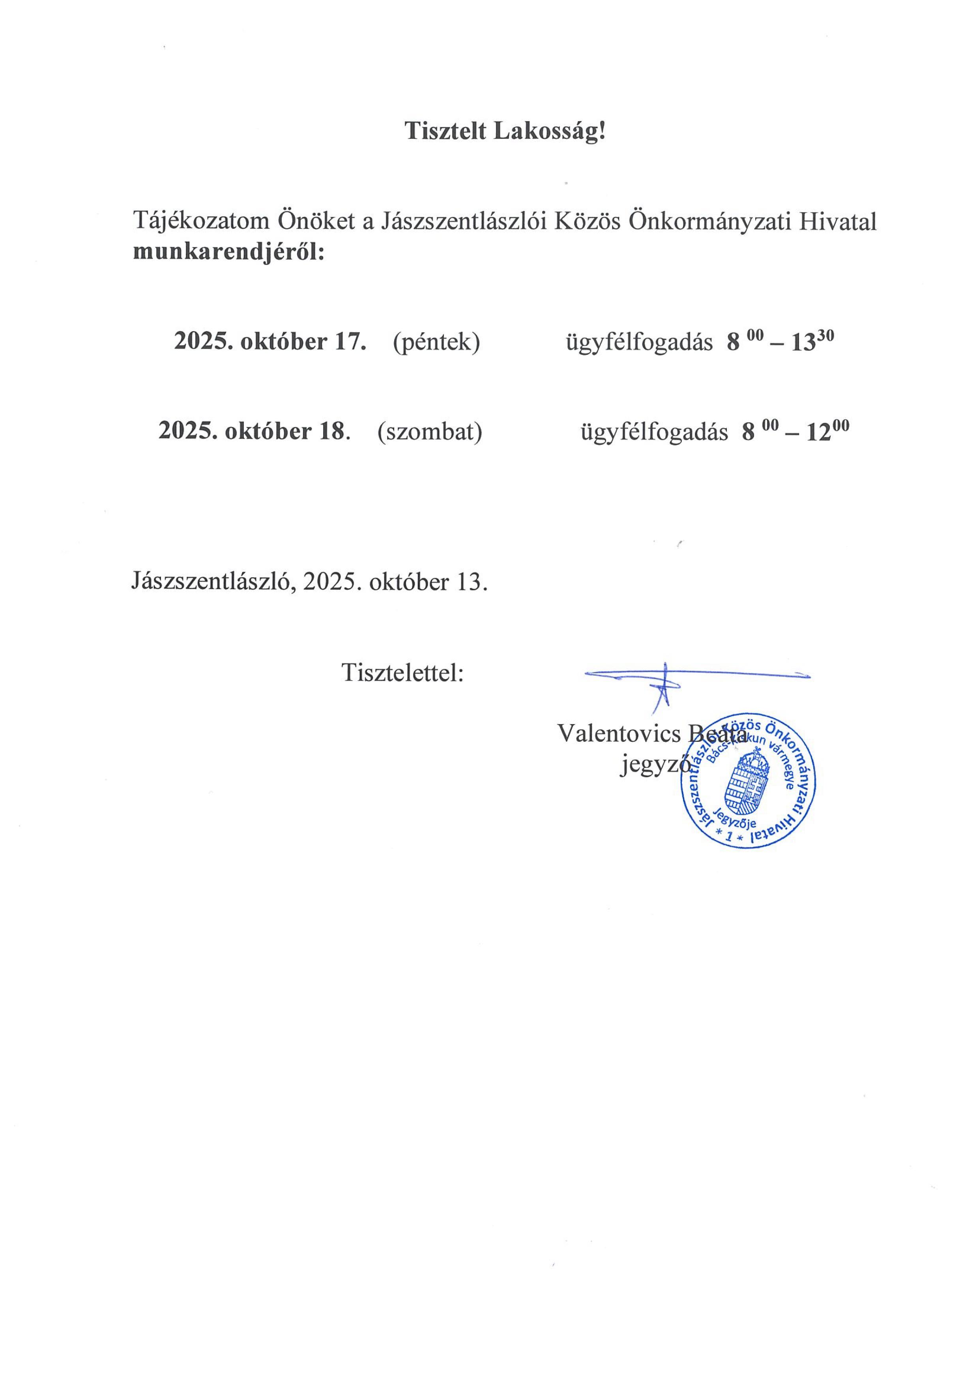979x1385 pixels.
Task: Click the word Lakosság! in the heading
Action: (x=549, y=131)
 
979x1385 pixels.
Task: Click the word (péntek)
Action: (x=436, y=342)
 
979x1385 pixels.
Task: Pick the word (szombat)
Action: (x=429, y=431)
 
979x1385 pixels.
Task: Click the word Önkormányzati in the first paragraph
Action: (x=711, y=221)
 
